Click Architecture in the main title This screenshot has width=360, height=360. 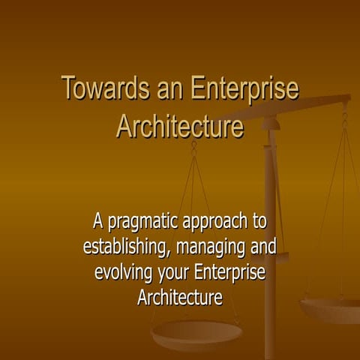[180, 125]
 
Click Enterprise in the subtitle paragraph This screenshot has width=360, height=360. [231, 271]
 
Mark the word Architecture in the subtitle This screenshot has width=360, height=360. [180, 296]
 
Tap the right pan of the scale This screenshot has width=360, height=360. [331, 307]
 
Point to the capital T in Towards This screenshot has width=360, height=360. [67, 88]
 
